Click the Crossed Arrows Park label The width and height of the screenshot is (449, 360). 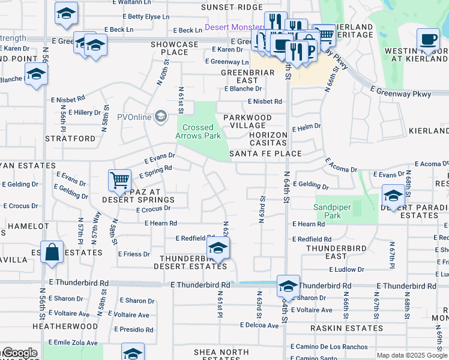[x=198, y=131]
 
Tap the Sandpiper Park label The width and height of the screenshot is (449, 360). [x=332, y=211]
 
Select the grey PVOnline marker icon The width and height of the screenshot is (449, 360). [x=160, y=116]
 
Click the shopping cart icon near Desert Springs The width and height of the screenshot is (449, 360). [x=120, y=179]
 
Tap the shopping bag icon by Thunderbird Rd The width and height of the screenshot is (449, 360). [x=52, y=252]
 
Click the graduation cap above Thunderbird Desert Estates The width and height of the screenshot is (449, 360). [x=218, y=247]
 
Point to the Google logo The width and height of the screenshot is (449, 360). [x=19, y=353]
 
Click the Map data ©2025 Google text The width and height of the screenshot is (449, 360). [x=412, y=355]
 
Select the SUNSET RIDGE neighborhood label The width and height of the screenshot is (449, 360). [x=223, y=7]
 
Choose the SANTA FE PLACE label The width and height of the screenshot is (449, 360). [x=265, y=154]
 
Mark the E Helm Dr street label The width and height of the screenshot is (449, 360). [x=307, y=128]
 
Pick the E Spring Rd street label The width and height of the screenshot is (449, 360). [x=155, y=172]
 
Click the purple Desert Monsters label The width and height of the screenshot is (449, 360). [x=235, y=28]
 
